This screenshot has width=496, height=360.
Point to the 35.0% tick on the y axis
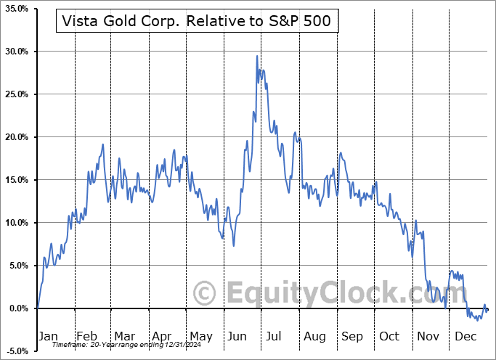pos(16,9)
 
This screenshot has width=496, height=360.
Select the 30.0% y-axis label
pos(16,52)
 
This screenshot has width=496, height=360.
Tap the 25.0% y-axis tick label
pos(16,94)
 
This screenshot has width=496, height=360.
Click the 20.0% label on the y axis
pos(16,137)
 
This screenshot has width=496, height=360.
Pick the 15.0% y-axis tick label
pos(16,180)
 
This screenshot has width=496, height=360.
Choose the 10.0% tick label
pos(16,223)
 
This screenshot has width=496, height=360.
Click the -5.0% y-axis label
pos(16,351)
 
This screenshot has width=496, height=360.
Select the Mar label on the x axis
pos(124,336)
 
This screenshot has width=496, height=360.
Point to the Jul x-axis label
pos(275,336)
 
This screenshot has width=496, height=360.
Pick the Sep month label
pos(351,336)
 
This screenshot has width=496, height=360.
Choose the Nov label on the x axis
pos(427,336)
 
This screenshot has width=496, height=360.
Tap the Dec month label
pos(465,336)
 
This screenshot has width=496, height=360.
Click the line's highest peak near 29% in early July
pos(257,57)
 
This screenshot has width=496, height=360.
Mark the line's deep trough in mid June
pos(233,245)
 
